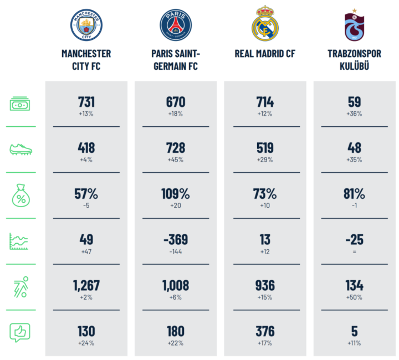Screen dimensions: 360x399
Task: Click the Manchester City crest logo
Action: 86,25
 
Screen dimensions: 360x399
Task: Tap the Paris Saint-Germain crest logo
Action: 176,25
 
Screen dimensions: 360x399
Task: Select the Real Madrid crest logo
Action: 265,24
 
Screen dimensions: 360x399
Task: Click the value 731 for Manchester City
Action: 86,102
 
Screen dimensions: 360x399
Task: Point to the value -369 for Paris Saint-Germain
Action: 176,239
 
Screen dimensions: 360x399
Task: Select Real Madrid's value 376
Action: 265,331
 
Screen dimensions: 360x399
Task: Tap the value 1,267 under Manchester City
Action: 86,285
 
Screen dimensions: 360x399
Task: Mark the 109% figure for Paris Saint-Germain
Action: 176,194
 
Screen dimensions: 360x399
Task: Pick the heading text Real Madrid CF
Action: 265,54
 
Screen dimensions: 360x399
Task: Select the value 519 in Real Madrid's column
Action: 265,148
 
